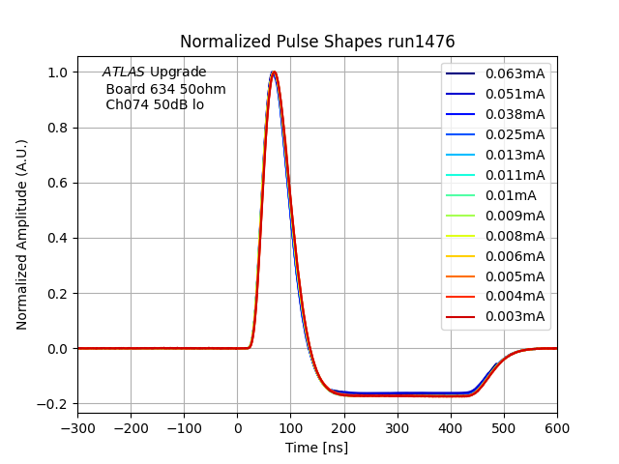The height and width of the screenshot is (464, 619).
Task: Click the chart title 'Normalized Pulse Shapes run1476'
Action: [317, 42]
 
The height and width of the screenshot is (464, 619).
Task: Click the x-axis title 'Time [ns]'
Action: [316, 448]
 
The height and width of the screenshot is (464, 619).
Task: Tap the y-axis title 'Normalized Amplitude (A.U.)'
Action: [22, 235]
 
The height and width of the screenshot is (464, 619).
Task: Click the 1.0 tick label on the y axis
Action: [57, 72]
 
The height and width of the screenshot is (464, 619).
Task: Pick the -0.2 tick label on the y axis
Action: [53, 404]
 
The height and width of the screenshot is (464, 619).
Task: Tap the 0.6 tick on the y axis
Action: [57, 183]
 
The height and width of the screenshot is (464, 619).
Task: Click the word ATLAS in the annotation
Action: [124, 72]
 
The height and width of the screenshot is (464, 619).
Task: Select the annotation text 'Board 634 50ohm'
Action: [165, 89]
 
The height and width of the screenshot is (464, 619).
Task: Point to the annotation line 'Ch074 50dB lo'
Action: [155, 104]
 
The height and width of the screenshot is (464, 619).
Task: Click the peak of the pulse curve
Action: [274, 72]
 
